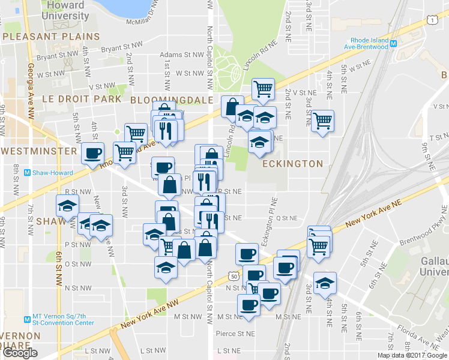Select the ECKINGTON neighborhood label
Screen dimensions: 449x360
[x=292, y=163]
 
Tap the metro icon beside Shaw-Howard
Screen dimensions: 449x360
[x=27, y=173]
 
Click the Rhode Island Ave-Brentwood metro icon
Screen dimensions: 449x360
[x=394, y=43]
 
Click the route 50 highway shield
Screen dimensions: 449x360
[x=234, y=275]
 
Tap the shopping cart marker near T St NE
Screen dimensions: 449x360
[x=323, y=121]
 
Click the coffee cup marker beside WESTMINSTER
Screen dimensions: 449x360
[x=92, y=154]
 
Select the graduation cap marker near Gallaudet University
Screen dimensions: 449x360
[x=325, y=283]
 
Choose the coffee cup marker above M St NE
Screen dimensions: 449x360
[x=249, y=304]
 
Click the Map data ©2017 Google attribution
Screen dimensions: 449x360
[x=412, y=355]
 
